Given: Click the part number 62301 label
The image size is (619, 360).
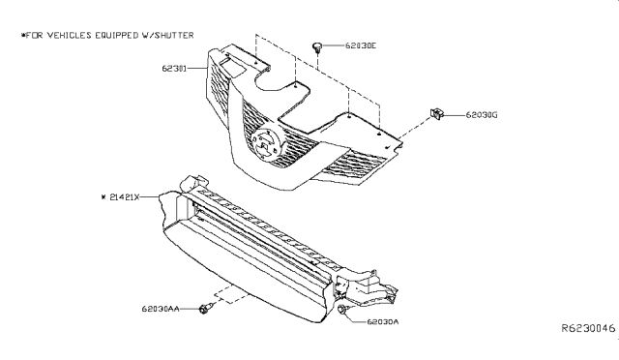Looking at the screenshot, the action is (x=174, y=69).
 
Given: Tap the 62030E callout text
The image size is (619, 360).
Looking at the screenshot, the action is (x=361, y=45).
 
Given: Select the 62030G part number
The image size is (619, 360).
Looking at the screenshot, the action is (x=482, y=115).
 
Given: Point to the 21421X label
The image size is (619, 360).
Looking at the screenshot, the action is (x=125, y=196).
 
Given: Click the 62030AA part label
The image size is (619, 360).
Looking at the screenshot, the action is (x=161, y=309).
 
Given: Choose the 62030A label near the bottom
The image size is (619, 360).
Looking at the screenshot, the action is (x=383, y=321).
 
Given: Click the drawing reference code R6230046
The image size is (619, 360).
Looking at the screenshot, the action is (x=588, y=328).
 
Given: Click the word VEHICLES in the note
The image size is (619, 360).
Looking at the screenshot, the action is (x=70, y=36).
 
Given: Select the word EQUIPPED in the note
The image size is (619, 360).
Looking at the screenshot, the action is (x=116, y=36).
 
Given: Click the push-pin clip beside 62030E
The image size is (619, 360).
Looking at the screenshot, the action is (x=317, y=47).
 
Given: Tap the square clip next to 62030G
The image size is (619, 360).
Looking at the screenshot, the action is (x=436, y=114).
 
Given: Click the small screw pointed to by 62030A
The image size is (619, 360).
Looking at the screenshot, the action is (x=342, y=310).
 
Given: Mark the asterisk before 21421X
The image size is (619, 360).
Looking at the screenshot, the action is (x=103, y=196).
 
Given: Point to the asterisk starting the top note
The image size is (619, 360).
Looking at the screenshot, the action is (x=23, y=36).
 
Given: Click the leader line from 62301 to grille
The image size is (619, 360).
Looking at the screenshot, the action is (x=196, y=69).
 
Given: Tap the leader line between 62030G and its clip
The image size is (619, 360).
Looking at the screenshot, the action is (x=455, y=115).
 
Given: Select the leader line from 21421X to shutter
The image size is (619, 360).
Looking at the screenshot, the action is (x=150, y=196).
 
